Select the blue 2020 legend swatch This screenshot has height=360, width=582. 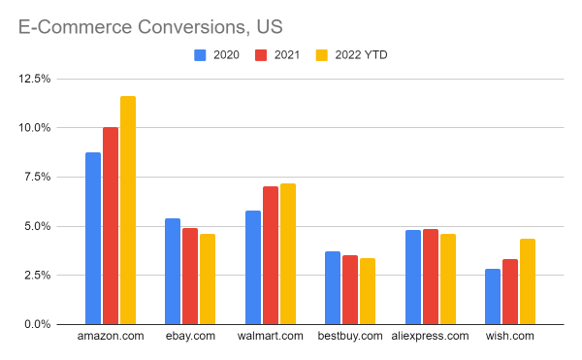[201, 55]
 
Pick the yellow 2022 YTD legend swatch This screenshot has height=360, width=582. [322, 55]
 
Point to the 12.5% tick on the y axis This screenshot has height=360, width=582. [35, 79]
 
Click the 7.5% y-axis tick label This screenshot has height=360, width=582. [38, 177]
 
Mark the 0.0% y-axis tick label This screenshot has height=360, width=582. [38, 324]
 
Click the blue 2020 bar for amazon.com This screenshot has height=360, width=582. [93, 239]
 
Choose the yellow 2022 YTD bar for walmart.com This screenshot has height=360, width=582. [287, 254]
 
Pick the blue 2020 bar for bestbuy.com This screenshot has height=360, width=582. [333, 288]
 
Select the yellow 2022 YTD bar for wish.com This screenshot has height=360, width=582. [527, 281]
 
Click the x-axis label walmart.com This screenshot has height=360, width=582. [270, 336]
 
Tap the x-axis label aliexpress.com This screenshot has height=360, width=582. [430, 336]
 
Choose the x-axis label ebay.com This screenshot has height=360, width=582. [190, 336]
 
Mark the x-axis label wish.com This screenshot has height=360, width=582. [509, 336]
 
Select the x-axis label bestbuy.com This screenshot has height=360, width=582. [350, 336]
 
